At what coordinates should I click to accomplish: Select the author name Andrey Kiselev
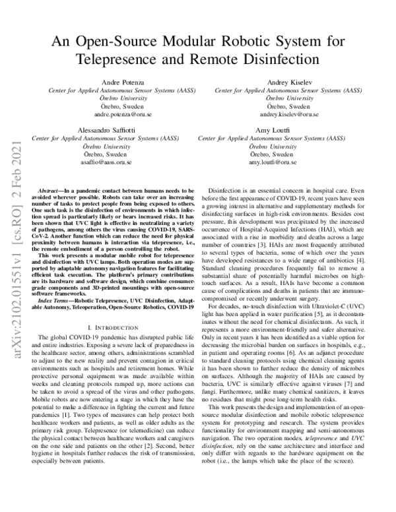pyautogui.click(x=288, y=80)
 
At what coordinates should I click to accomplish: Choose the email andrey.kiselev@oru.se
pyautogui.click(x=288, y=113)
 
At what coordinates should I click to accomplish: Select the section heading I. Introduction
pyautogui.click(x=115, y=326)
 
